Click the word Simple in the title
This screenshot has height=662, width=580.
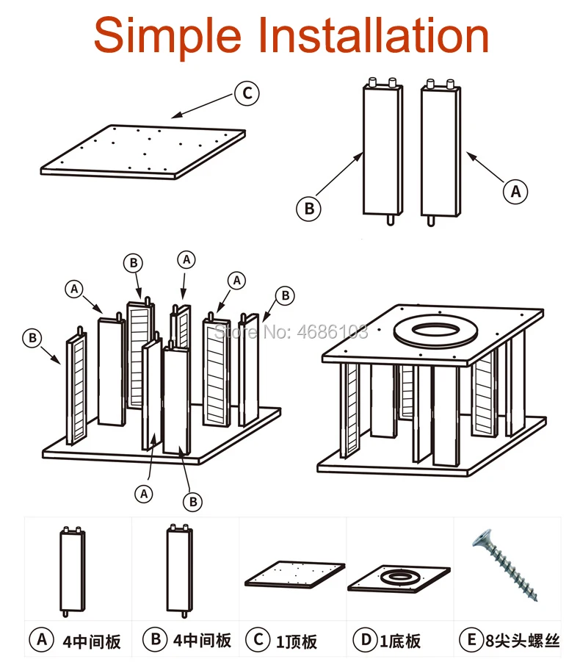tap(167, 37)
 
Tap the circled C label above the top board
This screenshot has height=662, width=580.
tap(247, 93)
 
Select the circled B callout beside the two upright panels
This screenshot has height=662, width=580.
tap(309, 208)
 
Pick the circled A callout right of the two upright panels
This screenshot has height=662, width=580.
tap(515, 192)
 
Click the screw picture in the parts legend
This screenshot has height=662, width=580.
tap(505, 565)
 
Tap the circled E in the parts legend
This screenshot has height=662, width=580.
tap(471, 640)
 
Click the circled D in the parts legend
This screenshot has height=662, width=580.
tap(366, 640)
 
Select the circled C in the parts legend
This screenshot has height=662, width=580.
tap(258, 640)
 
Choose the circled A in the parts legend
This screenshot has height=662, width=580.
tap(41, 640)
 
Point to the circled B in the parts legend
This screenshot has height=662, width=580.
tap(155, 639)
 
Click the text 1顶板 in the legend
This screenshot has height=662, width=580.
tap(296, 641)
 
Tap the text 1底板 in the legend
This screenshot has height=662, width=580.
tap(400, 641)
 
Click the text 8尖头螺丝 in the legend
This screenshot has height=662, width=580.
tap(522, 641)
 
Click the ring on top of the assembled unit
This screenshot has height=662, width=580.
tap(435, 331)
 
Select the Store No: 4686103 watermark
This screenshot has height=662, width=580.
tap(291, 332)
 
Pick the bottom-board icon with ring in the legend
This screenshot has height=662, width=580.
tap(399, 579)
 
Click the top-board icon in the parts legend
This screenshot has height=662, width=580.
tap(295, 574)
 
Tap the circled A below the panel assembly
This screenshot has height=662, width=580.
tap(144, 494)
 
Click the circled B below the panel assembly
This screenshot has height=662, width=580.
tap(193, 502)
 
